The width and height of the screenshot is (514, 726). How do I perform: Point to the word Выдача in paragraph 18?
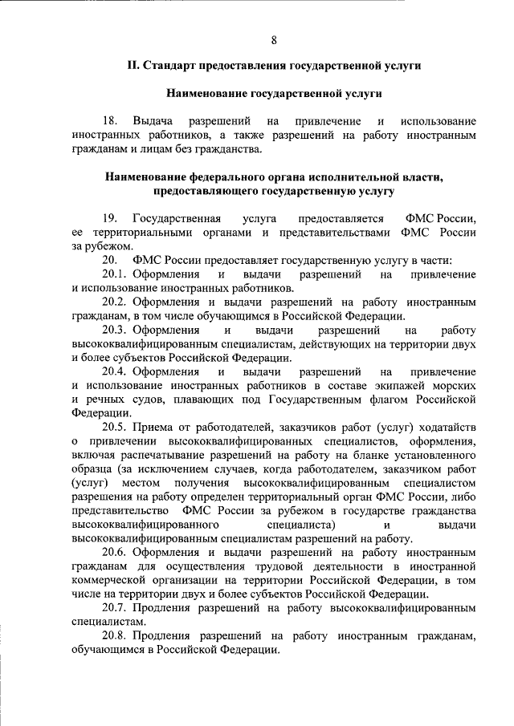[153, 121]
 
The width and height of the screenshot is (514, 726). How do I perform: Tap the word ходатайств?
[445, 427]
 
